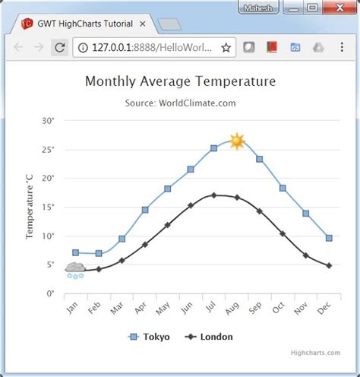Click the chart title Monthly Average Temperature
tap(180, 81)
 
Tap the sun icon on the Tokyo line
tap(237, 141)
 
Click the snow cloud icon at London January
tap(75, 270)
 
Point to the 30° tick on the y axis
tap(48, 121)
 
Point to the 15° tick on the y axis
tap(48, 207)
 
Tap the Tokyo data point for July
tap(214, 148)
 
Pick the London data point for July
tap(214, 195)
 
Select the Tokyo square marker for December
tap(329, 238)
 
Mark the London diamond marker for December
tap(329, 265)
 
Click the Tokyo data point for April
tap(144, 210)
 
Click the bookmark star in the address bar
tap(226, 47)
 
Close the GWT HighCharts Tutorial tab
tap(142, 23)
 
